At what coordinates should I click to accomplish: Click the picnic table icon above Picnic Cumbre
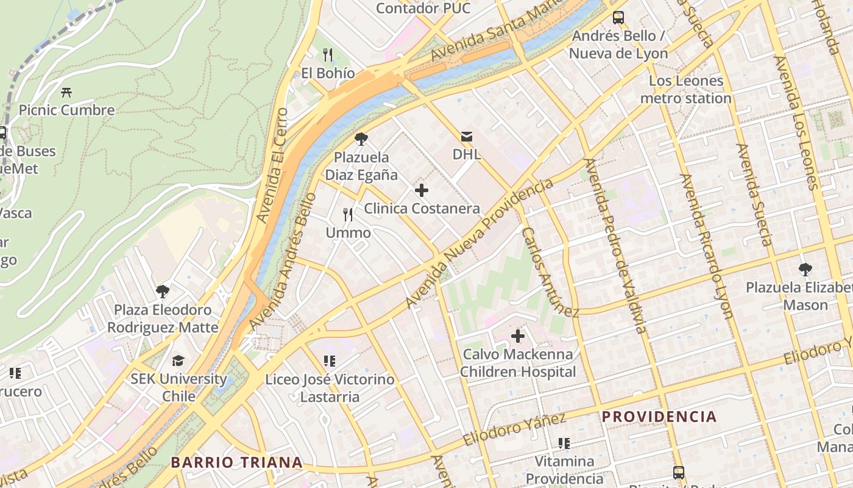pos(66,93)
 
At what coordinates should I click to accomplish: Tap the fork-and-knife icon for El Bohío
pos(328,55)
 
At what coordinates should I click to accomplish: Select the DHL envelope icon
pos(467,136)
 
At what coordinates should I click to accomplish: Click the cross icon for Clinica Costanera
pos(422,190)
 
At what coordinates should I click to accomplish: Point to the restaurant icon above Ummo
pos(348,214)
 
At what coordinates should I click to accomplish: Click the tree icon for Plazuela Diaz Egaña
pos(361,139)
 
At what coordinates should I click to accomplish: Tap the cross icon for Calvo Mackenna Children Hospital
pos(518,336)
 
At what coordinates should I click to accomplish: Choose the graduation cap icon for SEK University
pos(178,361)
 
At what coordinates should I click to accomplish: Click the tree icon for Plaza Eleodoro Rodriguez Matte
pos(162,292)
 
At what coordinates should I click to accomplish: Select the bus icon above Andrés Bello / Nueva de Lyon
pos(618,18)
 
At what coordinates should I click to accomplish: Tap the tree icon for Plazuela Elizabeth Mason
pos(805,269)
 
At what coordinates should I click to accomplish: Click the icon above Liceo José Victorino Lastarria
pos(330,361)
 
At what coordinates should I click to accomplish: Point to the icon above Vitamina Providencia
pos(564,443)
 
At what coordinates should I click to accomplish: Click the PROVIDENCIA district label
pos(659,417)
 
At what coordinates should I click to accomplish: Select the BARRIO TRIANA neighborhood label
pos(236,462)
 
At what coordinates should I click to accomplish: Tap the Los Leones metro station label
pos(686,90)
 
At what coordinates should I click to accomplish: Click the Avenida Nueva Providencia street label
pos(480,243)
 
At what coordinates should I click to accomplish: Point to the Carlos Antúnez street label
pos(550,272)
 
